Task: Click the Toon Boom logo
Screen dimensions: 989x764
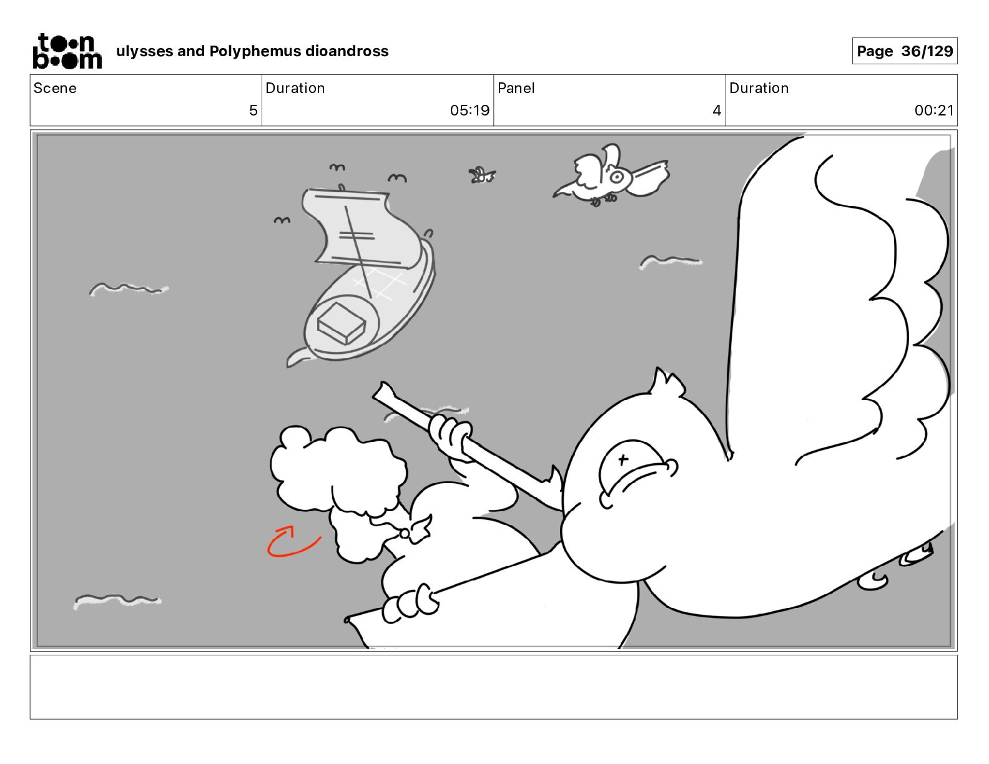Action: coord(67,51)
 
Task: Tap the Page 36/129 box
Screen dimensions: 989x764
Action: coord(904,51)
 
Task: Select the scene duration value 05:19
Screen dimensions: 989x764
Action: coord(470,110)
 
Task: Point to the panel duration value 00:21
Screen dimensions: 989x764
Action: coord(934,110)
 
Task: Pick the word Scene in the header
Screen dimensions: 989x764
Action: coord(55,88)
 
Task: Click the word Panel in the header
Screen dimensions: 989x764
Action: coord(516,88)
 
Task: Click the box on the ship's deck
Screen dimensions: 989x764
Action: coord(342,323)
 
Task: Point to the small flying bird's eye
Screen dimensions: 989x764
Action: coord(617,177)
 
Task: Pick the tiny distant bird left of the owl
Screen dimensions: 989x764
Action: coord(481,175)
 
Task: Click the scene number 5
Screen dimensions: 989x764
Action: coord(253,110)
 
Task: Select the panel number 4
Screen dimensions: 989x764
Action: coord(717,110)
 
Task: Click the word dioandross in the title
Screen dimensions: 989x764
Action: coord(347,51)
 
